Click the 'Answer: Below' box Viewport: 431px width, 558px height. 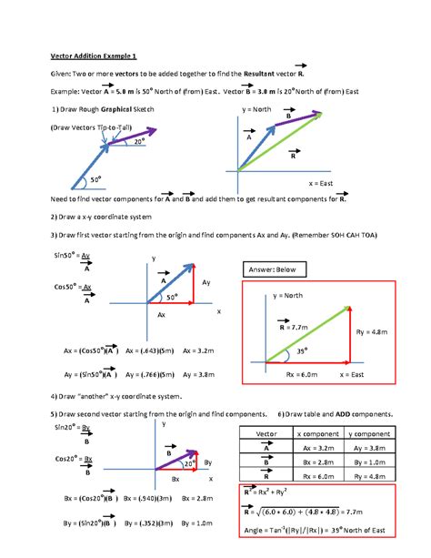point(271,269)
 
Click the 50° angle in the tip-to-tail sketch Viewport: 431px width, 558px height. point(95,179)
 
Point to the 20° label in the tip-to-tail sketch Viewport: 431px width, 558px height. point(139,141)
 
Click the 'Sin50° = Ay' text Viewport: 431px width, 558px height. point(73,258)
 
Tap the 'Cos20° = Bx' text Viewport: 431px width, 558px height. point(73,457)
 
